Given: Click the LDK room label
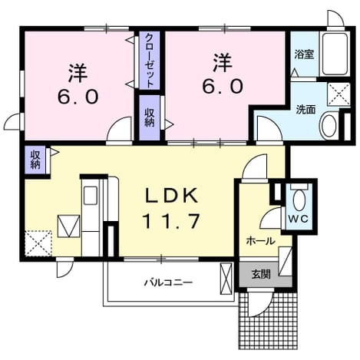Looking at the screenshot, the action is tap(172, 196).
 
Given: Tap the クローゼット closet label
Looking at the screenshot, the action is tap(150, 61).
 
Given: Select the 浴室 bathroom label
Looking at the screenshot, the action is tap(304, 54).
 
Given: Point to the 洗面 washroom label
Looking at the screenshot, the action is tap(306, 110).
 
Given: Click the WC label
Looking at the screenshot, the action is tap(299, 219).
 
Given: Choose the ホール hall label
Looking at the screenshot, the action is tap(261, 241).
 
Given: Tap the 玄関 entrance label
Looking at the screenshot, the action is tap(261, 275).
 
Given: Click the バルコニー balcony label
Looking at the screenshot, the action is tap(168, 282).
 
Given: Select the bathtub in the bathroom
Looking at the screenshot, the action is tap(335, 54).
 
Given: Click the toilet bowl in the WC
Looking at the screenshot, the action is tap(299, 200).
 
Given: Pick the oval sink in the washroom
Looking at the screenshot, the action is tap(329, 126).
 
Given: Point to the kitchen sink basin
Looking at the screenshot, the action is tap(91, 196).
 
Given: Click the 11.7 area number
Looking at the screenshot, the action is tap(170, 221).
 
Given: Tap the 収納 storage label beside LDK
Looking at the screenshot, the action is tap(35, 160).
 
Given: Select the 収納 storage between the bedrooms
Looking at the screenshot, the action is tap(150, 117).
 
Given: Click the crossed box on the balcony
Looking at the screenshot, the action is tap(226, 279).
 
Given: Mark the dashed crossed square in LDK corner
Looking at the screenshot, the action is tap(38, 243).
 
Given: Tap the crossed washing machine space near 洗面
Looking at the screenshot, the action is tap(339, 94).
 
